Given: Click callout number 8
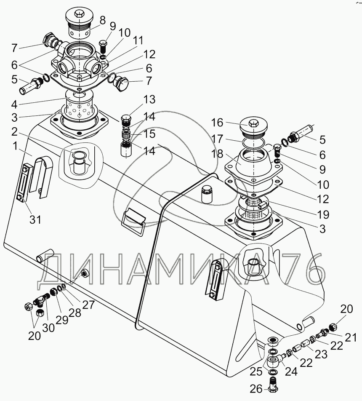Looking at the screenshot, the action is tap(102, 21).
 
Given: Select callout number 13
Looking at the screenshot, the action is tap(149, 99).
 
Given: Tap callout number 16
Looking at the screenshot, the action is tap(217, 123).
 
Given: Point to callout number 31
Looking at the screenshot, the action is tap(35, 219).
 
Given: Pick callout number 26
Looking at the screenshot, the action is tap(256, 389).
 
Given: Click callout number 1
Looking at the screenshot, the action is tap(15, 147).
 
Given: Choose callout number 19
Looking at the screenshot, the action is tap(323, 214).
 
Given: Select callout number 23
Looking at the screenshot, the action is tap(321, 355).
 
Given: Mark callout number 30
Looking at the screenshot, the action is tap(48, 328).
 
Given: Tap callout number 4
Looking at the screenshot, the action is tap(14, 104).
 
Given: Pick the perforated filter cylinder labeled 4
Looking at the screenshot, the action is tap(79, 107).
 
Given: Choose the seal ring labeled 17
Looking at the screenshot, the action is tap(253, 143).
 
